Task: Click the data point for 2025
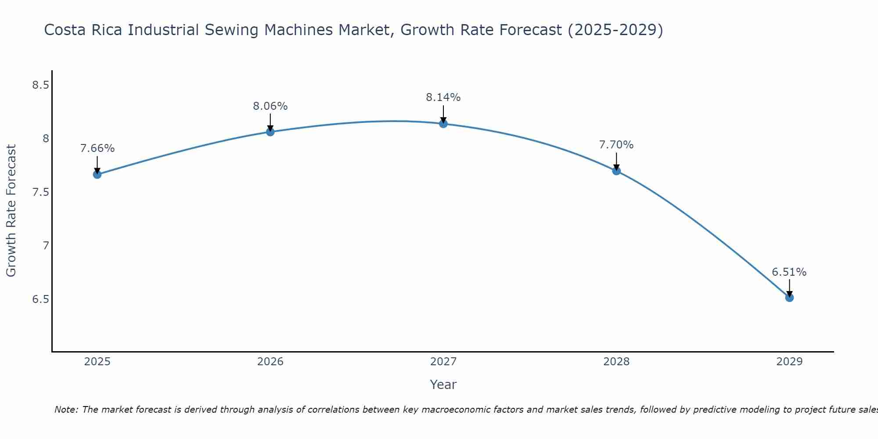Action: click(97, 174)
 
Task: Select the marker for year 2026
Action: click(270, 132)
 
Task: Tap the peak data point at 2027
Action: click(443, 124)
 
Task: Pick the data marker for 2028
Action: click(616, 171)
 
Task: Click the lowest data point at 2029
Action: click(789, 298)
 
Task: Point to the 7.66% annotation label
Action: click(97, 148)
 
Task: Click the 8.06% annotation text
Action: click(270, 106)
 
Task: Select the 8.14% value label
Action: click(443, 97)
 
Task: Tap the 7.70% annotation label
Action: click(616, 145)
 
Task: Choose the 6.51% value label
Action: click(789, 272)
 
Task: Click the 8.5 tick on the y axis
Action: click(40, 85)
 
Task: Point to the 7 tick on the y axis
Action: click(46, 246)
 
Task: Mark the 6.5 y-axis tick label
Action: click(40, 299)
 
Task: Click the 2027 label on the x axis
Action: click(443, 362)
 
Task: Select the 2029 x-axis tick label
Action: click(789, 362)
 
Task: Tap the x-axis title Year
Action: click(443, 385)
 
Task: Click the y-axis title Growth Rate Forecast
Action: click(11, 211)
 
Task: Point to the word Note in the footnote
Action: click(65, 410)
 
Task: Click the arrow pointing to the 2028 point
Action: click(616, 161)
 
